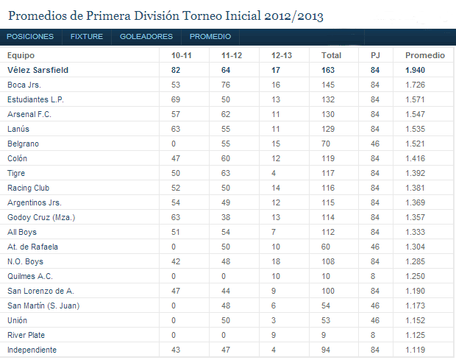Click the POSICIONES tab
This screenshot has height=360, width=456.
tap(30, 36)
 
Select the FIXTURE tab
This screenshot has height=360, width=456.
tap(87, 36)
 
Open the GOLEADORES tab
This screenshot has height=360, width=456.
tap(146, 36)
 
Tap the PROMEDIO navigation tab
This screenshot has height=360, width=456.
tap(210, 36)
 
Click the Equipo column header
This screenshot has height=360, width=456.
tap(21, 55)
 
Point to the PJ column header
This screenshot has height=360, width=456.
tap(375, 55)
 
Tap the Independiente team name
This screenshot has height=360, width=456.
tap(32, 350)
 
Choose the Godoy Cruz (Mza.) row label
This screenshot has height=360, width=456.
tap(40, 217)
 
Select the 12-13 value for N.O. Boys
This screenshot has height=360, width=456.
tap(276, 261)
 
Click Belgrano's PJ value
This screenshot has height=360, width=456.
tap(375, 144)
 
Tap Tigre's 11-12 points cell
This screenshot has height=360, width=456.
tap(226, 173)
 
